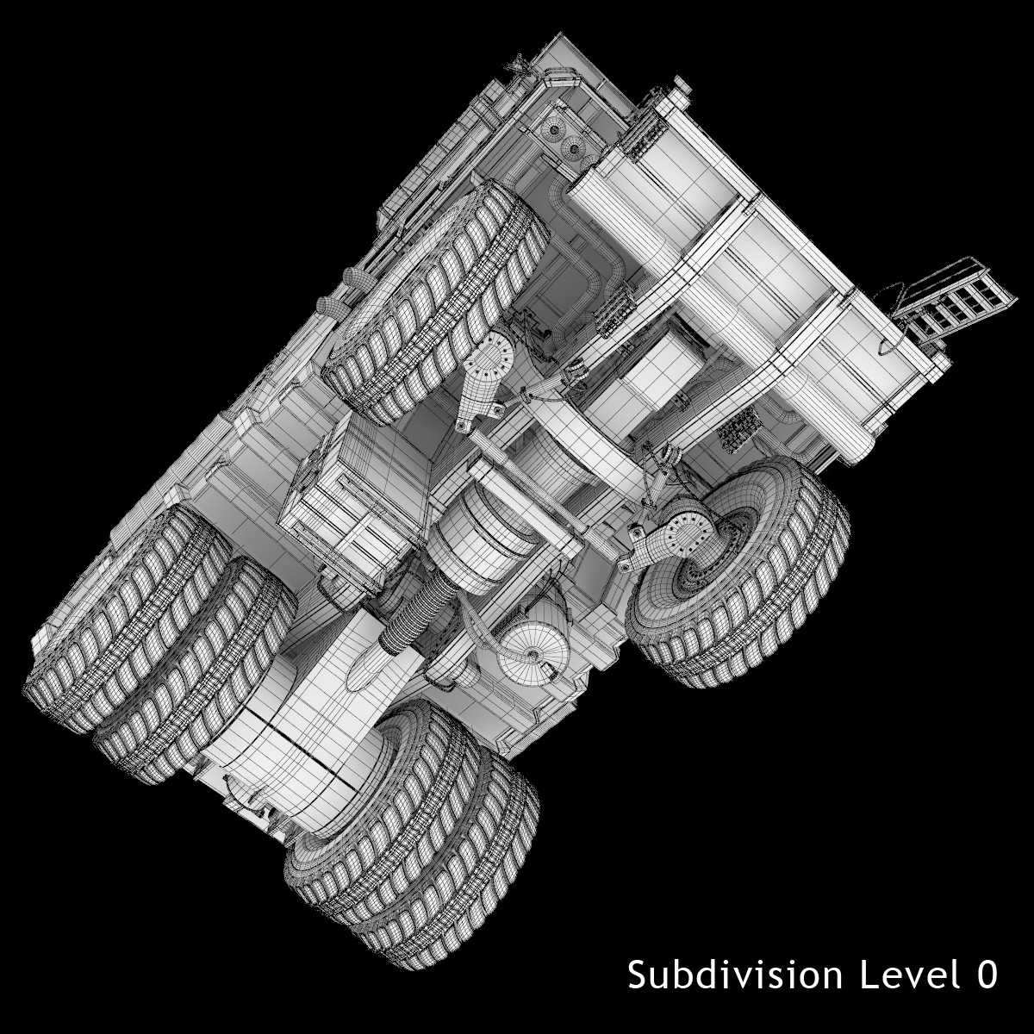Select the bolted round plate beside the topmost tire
click(493, 354)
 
